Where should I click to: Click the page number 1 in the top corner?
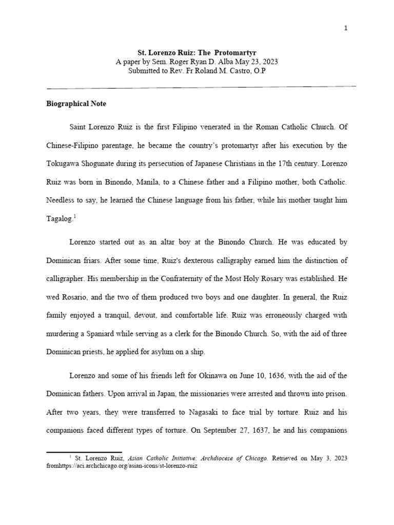click(x=346, y=28)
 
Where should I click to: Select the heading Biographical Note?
click(x=76, y=104)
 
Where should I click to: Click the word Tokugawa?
click(x=64, y=164)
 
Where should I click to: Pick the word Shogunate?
click(x=103, y=164)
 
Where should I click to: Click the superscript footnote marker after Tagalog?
click(x=74, y=216)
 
